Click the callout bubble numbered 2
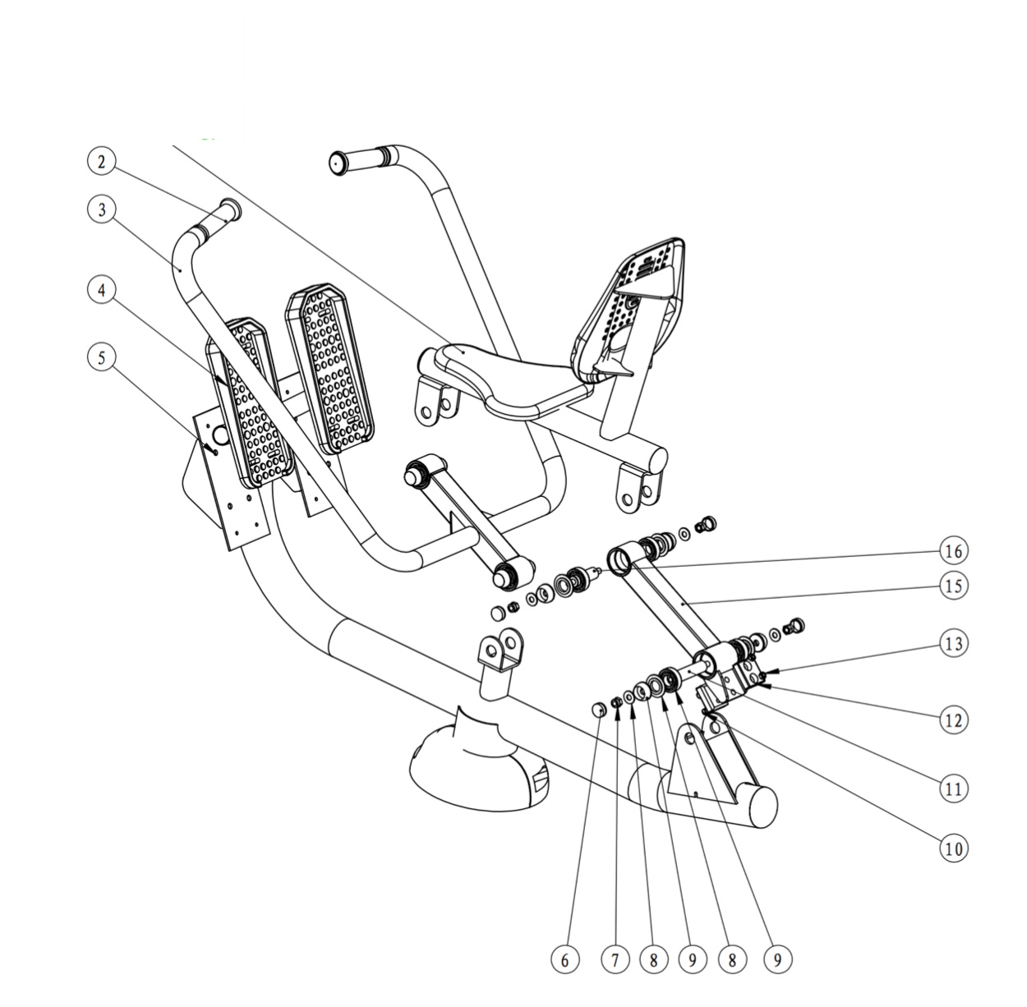(x=102, y=162)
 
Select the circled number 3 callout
(x=102, y=209)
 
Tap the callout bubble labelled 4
(x=102, y=291)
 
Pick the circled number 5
(x=102, y=357)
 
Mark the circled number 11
(x=953, y=789)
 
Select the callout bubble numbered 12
(x=953, y=720)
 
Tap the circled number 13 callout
(x=953, y=644)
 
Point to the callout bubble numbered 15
(x=953, y=586)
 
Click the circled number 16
(x=953, y=551)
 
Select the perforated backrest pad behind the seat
(x=629, y=309)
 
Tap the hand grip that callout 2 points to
(x=218, y=218)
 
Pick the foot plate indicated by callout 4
(x=251, y=402)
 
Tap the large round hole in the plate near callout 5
(x=220, y=435)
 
